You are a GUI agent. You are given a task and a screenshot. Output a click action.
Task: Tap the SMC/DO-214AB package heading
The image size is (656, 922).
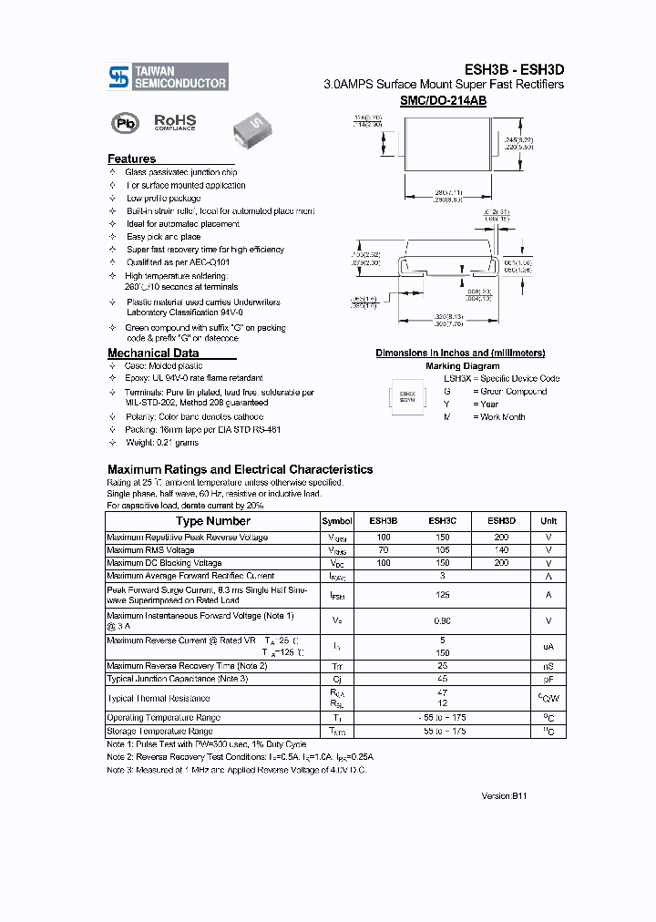(x=443, y=101)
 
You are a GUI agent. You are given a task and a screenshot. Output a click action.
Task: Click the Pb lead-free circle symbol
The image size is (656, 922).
(x=121, y=123)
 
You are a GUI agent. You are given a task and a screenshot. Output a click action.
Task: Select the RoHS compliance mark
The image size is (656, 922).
(x=175, y=122)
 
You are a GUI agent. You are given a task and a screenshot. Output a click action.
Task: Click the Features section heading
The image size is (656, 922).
(x=131, y=159)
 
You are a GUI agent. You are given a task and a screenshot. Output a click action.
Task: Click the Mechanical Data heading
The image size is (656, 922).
(x=152, y=353)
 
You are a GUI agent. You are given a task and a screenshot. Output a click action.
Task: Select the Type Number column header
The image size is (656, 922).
(x=213, y=521)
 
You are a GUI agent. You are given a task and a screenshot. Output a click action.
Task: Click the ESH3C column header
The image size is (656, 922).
(x=442, y=521)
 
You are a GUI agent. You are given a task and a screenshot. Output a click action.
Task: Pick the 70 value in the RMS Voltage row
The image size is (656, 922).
(x=383, y=550)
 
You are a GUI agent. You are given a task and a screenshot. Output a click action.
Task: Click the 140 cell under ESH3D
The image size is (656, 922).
(x=501, y=550)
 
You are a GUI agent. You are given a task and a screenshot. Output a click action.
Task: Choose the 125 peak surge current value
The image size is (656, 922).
(x=442, y=595)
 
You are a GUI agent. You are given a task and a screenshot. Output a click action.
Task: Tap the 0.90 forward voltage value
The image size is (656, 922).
(x=442, y=621)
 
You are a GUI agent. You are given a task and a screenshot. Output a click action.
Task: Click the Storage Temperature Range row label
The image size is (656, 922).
(x=159, y=731)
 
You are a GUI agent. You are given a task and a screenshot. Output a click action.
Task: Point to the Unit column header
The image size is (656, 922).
(x=548, y=521)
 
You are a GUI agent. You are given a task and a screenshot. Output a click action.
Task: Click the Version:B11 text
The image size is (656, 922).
(x=504, y=795)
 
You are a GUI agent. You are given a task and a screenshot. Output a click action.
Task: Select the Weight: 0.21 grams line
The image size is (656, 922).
(x=161, y=442)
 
